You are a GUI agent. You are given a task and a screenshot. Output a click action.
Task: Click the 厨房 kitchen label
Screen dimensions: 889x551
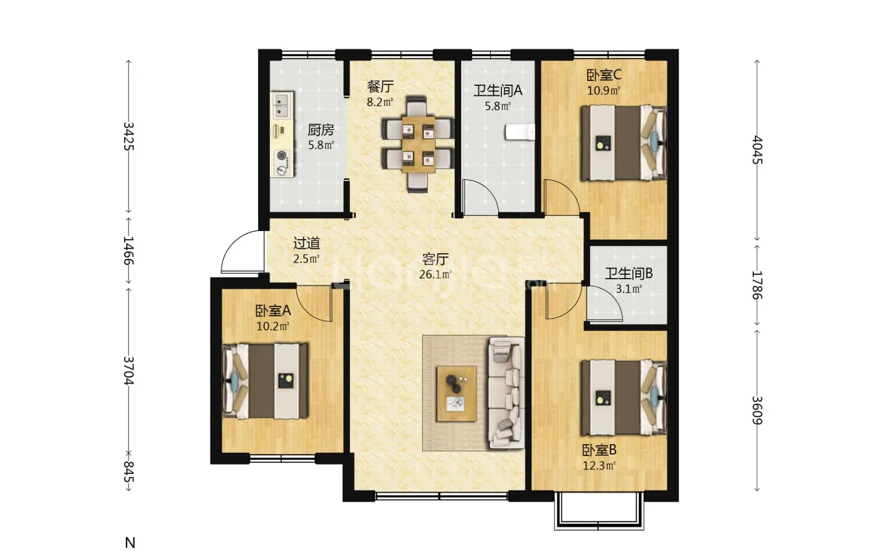coord(320,130)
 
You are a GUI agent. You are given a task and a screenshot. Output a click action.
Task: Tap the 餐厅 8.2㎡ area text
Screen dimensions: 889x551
coord(380,103)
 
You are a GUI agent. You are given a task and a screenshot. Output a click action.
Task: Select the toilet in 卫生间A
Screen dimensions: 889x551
coord(520,132)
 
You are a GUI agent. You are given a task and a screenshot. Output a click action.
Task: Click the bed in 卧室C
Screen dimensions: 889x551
coord(624,143)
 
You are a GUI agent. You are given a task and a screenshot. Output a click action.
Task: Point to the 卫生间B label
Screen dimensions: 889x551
coord(628,274)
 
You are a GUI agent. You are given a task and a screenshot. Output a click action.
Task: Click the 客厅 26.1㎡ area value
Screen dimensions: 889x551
coord(435,274)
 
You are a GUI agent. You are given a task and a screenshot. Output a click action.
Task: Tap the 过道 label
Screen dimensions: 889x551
coord(306,243)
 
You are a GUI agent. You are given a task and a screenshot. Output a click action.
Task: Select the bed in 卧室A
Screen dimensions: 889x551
coord(265,381)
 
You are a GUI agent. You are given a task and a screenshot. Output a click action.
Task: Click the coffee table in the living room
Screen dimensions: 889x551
coord(456,394)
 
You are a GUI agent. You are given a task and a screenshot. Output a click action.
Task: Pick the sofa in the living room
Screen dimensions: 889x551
coord(506,393)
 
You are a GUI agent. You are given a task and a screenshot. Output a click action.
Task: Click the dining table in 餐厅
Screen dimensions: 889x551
coord(419,144)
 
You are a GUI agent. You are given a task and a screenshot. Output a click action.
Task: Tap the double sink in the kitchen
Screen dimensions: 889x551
coord(282,105)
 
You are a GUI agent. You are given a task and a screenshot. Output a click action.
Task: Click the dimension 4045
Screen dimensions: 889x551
coord(758,150)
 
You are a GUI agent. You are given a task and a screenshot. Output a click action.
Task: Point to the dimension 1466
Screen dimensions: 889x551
coord(128,251)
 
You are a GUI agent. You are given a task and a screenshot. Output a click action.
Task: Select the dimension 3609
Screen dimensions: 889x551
coord(758,410)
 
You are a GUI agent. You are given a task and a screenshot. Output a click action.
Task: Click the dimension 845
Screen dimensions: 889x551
coord(128,471)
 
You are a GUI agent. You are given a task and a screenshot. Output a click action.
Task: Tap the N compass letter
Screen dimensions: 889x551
coord(130,543)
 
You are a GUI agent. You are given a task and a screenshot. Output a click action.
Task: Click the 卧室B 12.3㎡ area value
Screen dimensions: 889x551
coord(599,465)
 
